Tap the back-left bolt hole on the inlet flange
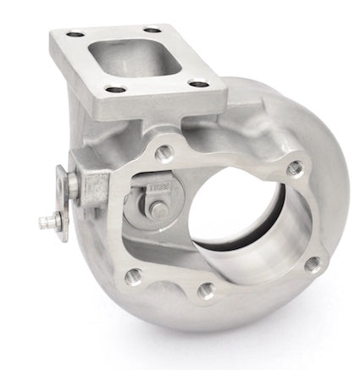[75, 34]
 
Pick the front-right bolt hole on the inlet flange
[197, 83]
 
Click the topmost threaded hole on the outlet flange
[166, 152]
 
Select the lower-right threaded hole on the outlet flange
[312, 263]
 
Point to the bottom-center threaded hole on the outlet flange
[206, 290]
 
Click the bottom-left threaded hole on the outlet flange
[133, 275]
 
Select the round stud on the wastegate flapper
[160, 207]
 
